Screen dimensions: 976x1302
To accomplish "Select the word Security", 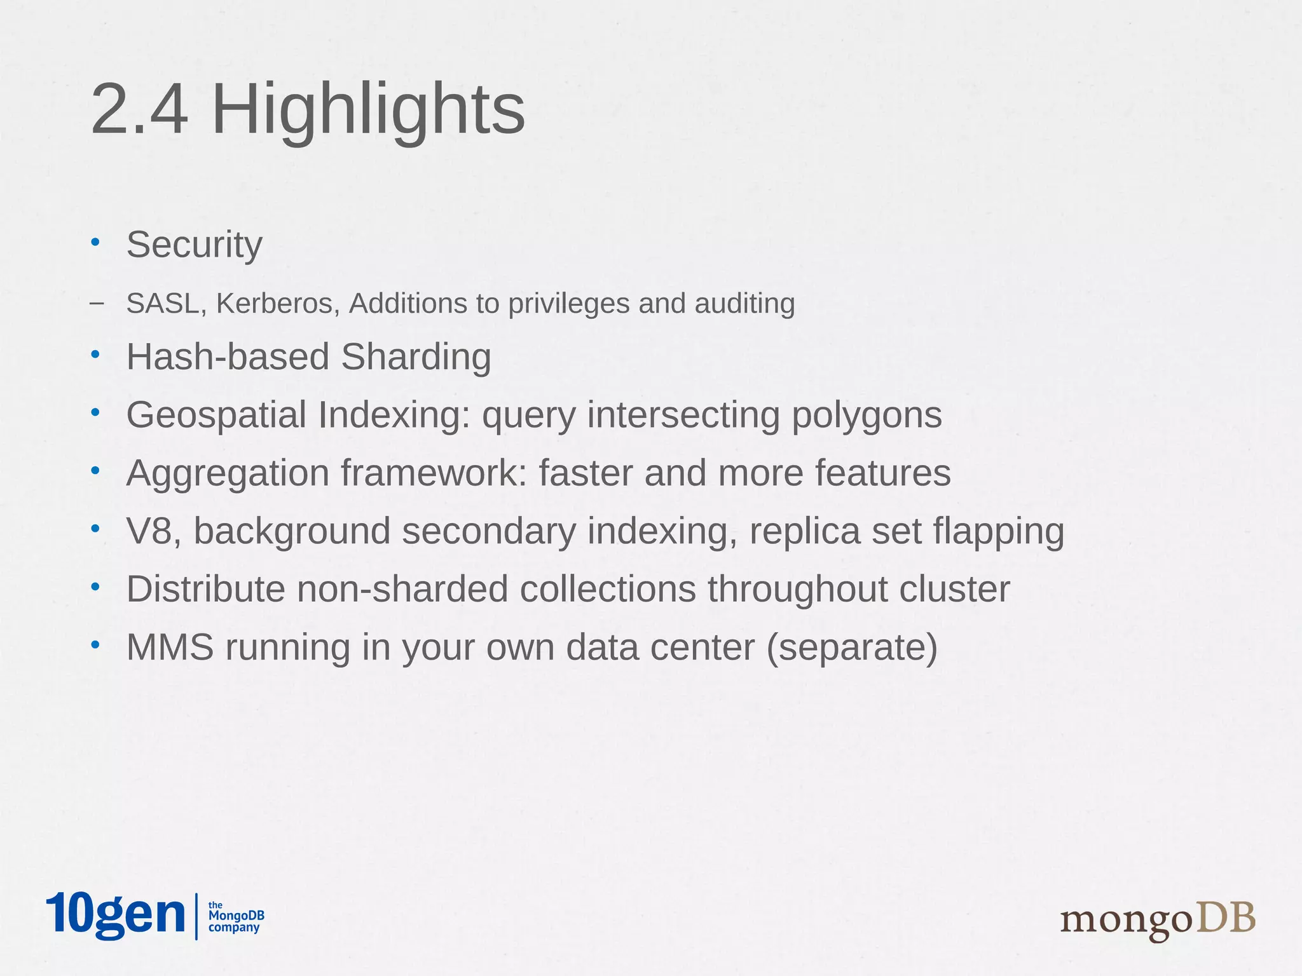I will coord(194,245).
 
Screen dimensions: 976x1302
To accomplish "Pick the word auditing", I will coord(744,304).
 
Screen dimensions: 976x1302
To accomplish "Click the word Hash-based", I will coord(228,356).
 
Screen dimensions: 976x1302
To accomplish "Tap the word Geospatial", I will coord(217,415).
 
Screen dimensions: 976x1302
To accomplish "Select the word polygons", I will coord(866,415).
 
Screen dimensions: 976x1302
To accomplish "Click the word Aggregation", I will coord(227,473).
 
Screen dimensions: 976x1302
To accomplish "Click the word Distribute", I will coord(205,589).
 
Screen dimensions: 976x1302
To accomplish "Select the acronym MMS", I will coord(170,647).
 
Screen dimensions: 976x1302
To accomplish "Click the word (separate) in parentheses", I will coord(852,647).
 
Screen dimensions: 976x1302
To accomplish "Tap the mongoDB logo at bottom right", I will coord(1158,920).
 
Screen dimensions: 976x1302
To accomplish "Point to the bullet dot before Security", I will coord(95,241).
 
